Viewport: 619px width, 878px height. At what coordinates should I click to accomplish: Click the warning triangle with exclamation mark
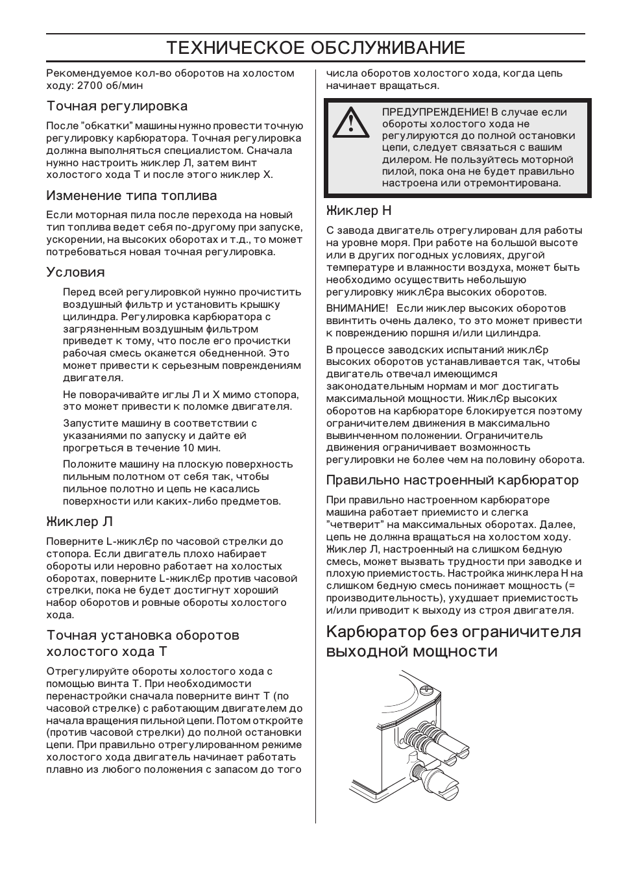pyautogui.click(x=351, y=123)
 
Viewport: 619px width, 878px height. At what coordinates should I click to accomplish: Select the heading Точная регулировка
pyautogui.click(x=117, y=106)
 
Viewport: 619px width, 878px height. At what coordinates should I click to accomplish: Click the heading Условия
pyautogui.click(x=75, y=272)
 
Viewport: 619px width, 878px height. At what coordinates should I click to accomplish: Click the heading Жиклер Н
pyautogui.click(x=359, y=210)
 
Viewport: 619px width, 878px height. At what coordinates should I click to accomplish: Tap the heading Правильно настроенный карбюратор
pyautogui.click(x=452, y=480)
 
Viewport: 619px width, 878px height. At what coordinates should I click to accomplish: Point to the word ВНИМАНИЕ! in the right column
pyautogui.click(x=357, y=308)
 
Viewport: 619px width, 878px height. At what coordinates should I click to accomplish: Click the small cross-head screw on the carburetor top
pyautogui.click(x=426, y=688)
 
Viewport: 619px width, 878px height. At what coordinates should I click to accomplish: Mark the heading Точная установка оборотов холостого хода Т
pyautogui.click(x=143, y=643)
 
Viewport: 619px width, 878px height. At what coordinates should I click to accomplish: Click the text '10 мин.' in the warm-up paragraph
pyautogui.click(x=202, y=448)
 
